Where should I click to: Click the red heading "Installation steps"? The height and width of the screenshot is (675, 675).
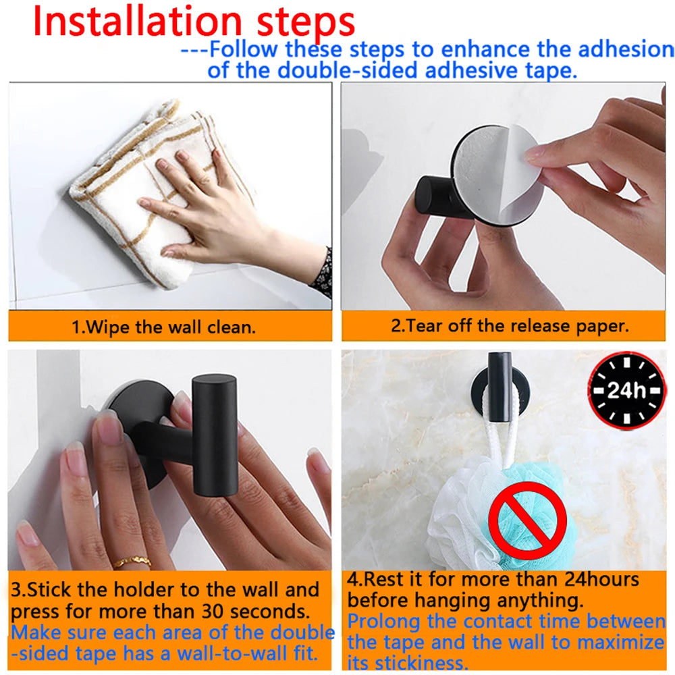(194, 22)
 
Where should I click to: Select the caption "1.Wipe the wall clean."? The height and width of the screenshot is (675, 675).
(164, 328)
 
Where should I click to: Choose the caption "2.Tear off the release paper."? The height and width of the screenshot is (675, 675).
(510, 326)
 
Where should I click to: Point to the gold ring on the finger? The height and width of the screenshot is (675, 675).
(131, 562)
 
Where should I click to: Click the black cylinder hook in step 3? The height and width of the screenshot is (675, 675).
(215, 435)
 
